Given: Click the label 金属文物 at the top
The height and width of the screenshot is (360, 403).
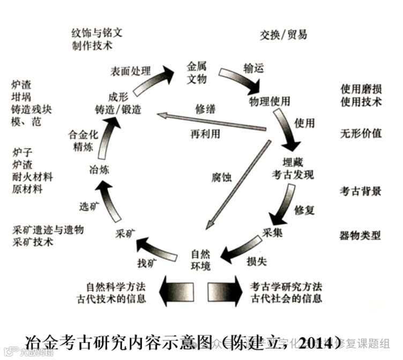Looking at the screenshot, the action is coord(196,72).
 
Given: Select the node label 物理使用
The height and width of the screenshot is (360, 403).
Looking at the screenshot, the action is coord(270,101).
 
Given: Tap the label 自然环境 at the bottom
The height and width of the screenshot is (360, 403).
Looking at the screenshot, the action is coord(201,259).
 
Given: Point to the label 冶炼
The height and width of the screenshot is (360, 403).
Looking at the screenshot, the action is coord(99,170).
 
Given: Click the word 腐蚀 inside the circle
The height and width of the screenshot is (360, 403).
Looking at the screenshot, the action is coord(221,177).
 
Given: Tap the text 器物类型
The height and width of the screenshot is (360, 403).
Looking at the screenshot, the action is coord(361,235).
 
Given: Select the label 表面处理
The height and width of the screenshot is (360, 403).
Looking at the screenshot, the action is coord(130,71).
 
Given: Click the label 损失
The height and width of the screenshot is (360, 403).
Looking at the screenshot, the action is coord(256,261).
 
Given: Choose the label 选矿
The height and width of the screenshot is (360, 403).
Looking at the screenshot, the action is coord(89,206).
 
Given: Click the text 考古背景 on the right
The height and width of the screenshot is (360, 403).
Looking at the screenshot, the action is coord(361,191).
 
